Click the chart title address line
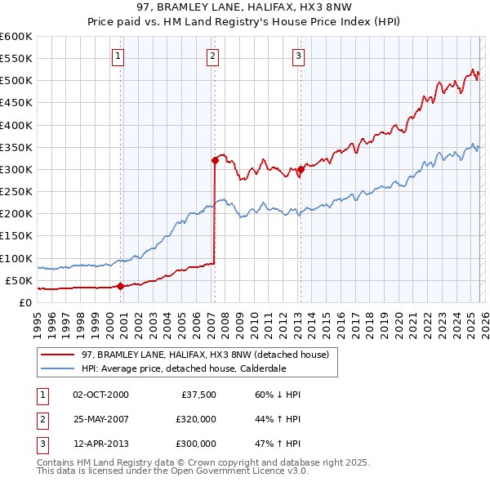pos(245,7)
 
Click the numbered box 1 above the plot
pos(118,56)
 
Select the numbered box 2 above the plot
pos(212,56)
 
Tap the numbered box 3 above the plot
pos(298,56)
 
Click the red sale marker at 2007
pos(215,160)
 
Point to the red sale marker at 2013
pos(300,169)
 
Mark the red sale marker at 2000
pos(120,286)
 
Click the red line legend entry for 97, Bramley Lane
pos(205,355)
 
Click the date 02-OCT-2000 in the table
pos(100,395)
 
